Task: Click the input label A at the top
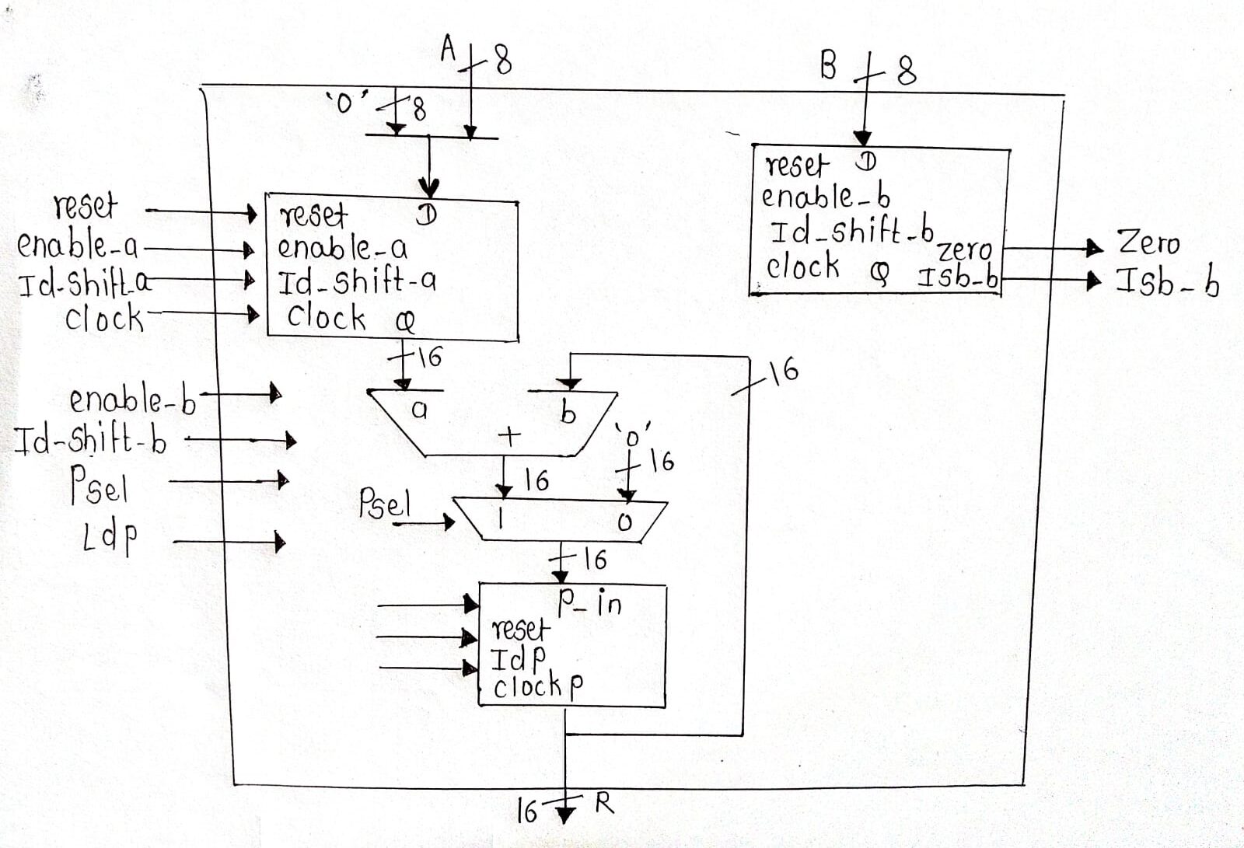point(448,50)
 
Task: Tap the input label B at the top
point(829,66)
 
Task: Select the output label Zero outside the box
point(1148,243)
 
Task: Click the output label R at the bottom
point(605,804)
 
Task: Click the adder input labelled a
point(419,410)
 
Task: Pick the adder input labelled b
point(568,414)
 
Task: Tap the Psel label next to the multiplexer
point(384,505)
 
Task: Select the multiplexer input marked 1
point(501,522)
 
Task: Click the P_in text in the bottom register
point(590,602)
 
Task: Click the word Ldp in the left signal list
point(110,537)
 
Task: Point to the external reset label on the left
point(86,207)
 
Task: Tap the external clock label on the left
point(104,318)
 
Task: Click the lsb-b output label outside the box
point(1168,282)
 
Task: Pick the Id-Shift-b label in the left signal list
point(91,441)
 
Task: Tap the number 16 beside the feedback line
point(784,372)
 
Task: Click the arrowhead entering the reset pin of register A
point(250,212)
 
